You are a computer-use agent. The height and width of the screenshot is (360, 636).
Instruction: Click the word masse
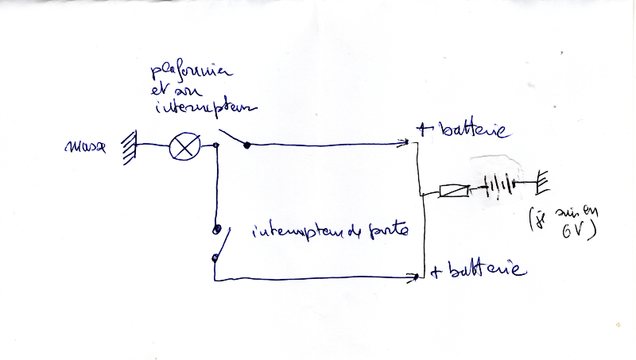click(87, 148)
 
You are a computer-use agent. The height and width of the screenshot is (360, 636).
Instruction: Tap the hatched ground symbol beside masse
click(127, 148)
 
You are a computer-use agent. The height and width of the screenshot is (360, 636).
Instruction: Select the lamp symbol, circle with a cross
click(184, 147)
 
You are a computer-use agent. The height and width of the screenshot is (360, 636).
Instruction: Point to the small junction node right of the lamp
click(216, 145)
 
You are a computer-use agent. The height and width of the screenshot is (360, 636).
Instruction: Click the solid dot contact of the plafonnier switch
click(247, 145)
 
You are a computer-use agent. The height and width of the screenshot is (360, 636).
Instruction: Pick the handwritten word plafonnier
click(188, 75)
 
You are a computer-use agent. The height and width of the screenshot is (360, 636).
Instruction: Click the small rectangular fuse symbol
click(453, 192)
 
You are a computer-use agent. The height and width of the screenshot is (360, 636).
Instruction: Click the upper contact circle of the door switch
click(215, 230)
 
